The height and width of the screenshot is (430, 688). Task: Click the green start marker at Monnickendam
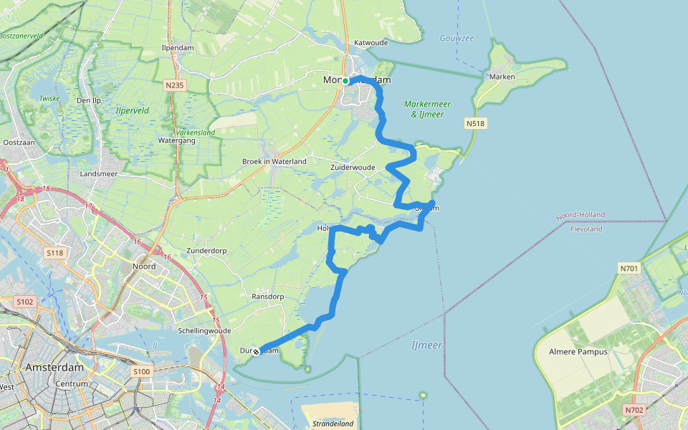345,81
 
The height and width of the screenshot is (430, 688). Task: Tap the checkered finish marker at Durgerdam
255,351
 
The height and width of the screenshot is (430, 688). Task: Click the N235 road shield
174,85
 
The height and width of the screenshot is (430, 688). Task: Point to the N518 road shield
476,124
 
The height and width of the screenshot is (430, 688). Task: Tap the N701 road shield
629,268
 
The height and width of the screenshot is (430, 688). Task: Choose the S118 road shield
54,253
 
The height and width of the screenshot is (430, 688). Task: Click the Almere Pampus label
578,352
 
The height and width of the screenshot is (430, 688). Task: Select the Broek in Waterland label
274,161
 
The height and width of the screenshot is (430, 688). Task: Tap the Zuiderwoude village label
353,167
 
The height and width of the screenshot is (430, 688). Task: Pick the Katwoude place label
371,42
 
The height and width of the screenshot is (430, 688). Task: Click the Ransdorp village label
269,296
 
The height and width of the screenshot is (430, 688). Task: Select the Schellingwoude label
204,330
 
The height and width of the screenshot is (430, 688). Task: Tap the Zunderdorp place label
206,251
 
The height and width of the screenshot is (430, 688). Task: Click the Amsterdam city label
54,367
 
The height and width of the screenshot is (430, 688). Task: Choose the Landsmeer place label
99,174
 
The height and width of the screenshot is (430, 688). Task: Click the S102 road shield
24,302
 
